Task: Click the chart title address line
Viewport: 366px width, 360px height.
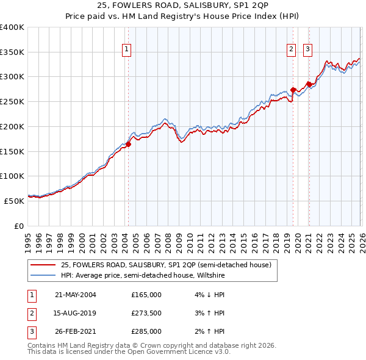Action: [x=183, y=5]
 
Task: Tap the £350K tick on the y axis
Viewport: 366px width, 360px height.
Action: [x=12, y=52]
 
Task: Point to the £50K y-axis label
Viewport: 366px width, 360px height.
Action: [x=15, y=200]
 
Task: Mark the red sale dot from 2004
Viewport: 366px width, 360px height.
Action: [x=128, y=145]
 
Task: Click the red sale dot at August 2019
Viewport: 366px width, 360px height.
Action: [x=293, y=90]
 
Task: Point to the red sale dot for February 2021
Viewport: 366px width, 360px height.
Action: [x=309, y=85]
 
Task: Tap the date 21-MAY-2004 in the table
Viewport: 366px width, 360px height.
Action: [x=76, y=295]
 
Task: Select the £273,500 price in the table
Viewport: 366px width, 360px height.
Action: [x=146, y=313]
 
